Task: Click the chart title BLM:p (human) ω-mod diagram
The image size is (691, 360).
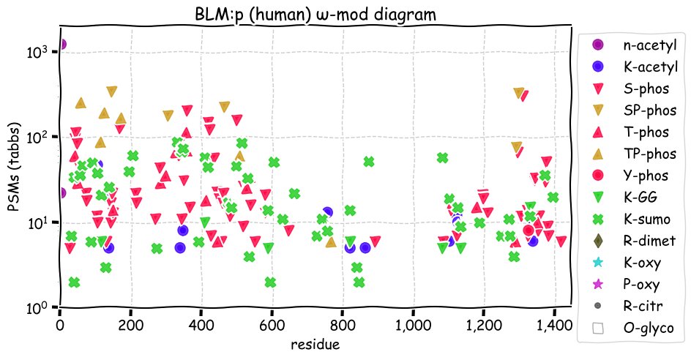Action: (315, 14)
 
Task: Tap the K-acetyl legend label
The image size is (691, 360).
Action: (651, 67)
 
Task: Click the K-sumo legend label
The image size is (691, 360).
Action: (646, 219)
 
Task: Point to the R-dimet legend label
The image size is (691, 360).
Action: (649, 241)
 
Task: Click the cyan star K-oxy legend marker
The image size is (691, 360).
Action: (598, 262)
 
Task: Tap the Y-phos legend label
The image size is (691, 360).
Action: (646, 176)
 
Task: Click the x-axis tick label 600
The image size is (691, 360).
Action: (272, 325)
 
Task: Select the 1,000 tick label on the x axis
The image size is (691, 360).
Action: (414, 325)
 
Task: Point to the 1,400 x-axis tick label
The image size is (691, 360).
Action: (555, 325)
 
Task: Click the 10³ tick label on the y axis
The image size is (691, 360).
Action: (37, 51)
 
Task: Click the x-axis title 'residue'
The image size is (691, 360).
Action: (315, 344)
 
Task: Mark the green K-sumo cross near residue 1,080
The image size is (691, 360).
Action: (442, 158)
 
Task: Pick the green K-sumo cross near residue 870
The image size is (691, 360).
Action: (369, 162)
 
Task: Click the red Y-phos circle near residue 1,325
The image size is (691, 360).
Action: (528, 230)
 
